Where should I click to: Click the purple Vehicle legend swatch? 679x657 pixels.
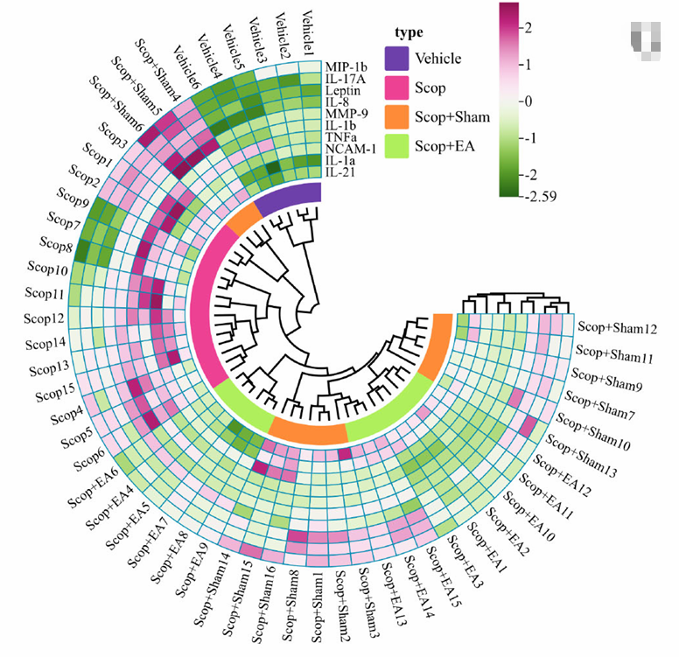tap(396, 59)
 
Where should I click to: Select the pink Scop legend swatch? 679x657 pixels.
tap(396, 87)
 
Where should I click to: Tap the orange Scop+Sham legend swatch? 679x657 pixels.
tap(396, 117)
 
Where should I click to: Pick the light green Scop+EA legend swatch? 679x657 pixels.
tap(396, 146)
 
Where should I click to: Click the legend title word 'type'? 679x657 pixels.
tap(409, 32)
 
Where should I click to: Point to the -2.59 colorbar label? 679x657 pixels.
tap(541, 196)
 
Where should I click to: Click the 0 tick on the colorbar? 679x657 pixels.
tap(528, 101)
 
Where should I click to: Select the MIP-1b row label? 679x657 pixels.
tap(346, 67)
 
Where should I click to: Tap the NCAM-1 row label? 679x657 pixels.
tap(350, 149)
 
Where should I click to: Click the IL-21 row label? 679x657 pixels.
tap(340, 172)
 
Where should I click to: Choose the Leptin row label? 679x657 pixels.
tap(342, 90)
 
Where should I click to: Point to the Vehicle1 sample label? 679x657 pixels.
tap(308, 32)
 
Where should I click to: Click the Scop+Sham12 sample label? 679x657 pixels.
tap(618, 328)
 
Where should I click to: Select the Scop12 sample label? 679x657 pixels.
tap(44, 319)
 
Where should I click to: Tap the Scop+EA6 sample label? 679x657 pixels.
tap(93, 486)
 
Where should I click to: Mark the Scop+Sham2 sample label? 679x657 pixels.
tap(342, 606)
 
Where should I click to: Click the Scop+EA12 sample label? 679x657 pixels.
tap(561, 475)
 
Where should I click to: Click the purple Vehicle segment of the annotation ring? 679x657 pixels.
tap(289, 196)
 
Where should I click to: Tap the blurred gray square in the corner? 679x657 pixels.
tap(646, 40)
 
